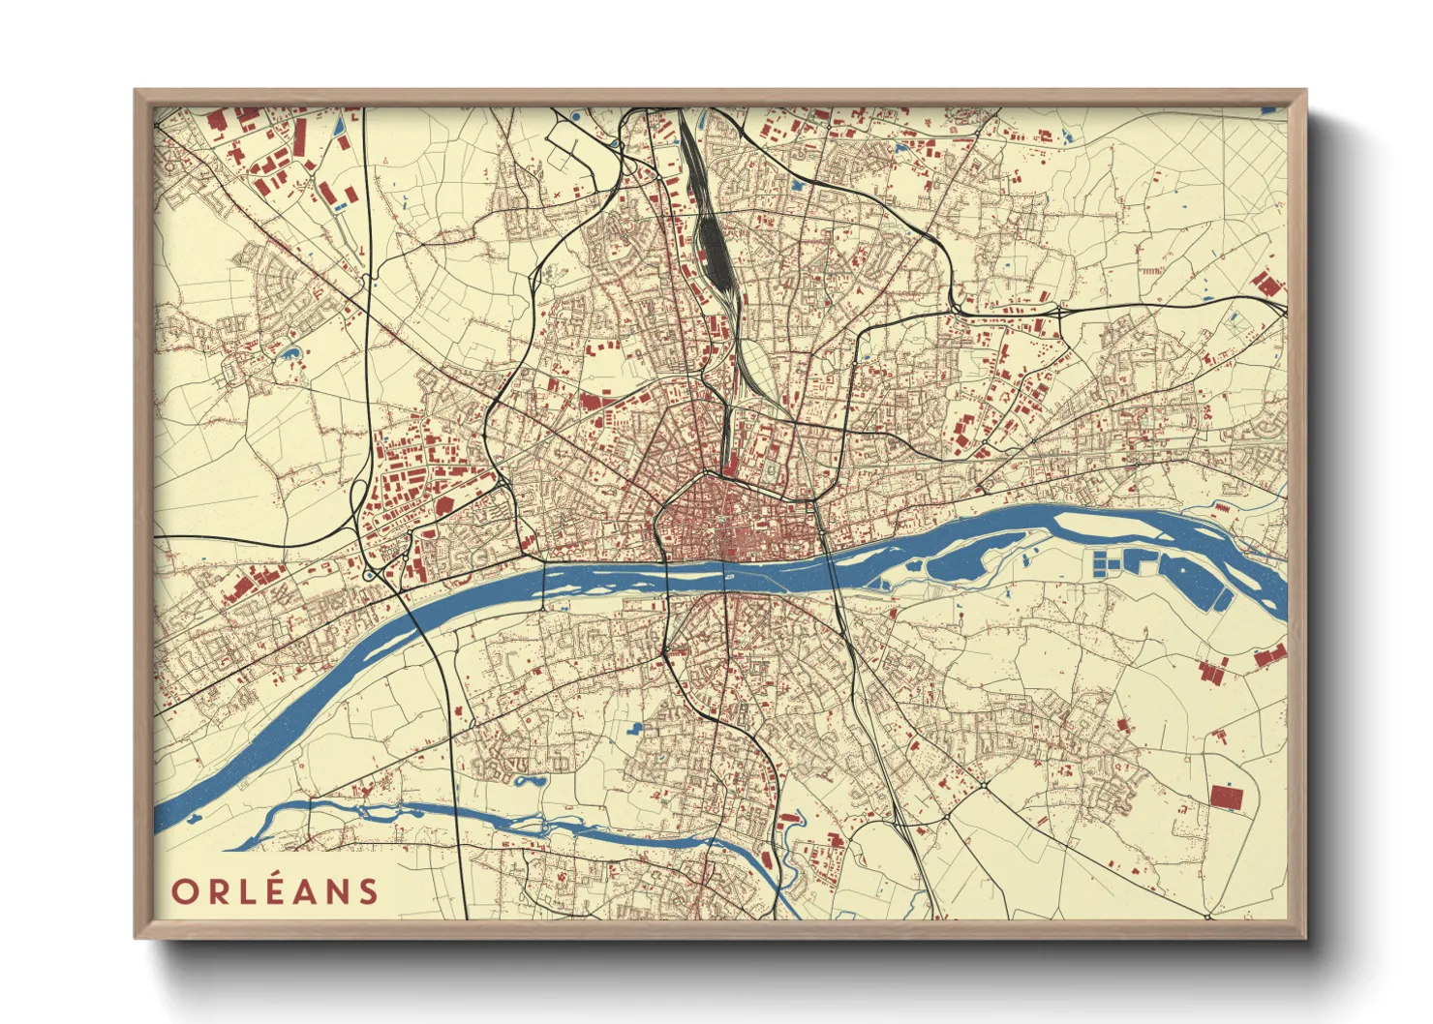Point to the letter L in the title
point(244,891)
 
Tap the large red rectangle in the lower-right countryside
point(1226,797)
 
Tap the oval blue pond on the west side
point(289,352)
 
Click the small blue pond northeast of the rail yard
point(902,148)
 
